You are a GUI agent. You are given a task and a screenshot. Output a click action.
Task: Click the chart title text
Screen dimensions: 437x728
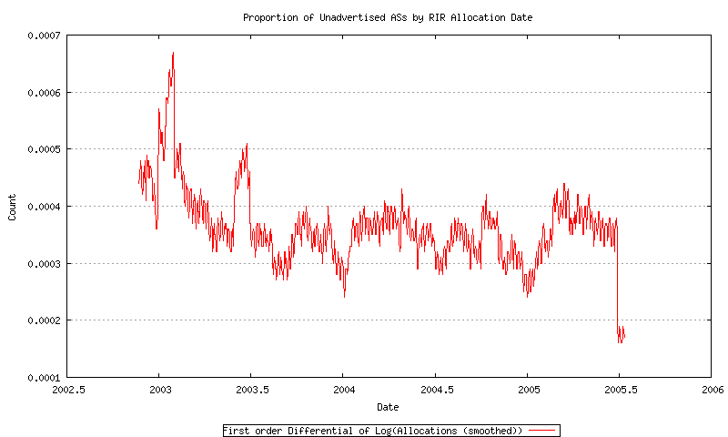tap(388, 17)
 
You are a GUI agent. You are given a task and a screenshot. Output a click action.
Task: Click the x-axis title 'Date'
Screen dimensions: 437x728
tap(388, 406)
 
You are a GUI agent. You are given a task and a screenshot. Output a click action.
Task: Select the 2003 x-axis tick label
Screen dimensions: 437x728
tap(158, 390)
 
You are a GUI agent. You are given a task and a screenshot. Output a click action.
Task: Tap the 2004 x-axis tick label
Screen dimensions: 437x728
tap(343, 390)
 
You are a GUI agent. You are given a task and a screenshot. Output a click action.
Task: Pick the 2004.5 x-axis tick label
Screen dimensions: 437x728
tap(435, 390)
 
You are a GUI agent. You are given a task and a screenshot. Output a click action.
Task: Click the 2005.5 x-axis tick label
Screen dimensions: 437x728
tap(619, 390)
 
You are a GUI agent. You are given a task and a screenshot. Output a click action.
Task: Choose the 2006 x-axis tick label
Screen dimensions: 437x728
tap(711, 390)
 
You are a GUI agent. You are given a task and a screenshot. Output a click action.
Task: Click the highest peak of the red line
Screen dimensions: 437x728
tap(173, 54)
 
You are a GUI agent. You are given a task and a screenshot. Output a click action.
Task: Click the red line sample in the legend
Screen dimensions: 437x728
tap(541, 430)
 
